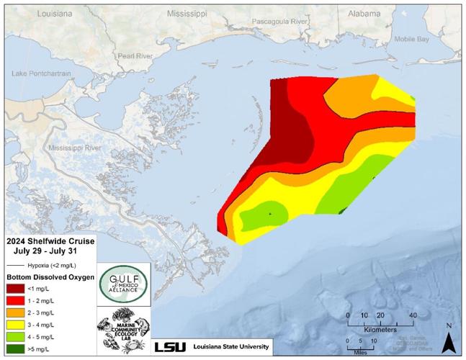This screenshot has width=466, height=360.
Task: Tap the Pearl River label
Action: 135,55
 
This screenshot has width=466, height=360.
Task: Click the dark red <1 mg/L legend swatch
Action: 17,289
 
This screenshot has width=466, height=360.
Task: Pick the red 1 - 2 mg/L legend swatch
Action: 17,301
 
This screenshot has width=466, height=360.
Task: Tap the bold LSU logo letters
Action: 170,347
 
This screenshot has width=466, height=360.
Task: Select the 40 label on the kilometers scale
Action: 413,315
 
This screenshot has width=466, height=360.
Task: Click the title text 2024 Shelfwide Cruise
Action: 49,241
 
